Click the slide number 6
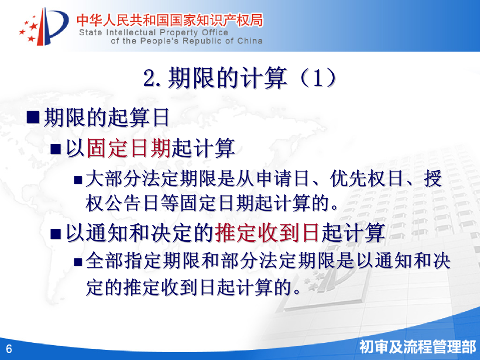pyautogui.click(x=9, y=348)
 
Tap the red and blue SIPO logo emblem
pyautogui.click(x=44, y=27)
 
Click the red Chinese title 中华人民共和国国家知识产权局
pyautogui.click(x=169, y=20)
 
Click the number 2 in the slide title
pyautogui.click(x=150, y=78)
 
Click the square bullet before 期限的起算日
pyautogui.click(x=33, y=118)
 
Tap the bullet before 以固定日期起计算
pyautogui.click(x=56, y=149)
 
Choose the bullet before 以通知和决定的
pyautogui.click(x=56, y=234)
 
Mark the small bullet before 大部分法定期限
pyautogui.click(x=78, y=180)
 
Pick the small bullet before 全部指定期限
pyautogui.click(x=78, y=262)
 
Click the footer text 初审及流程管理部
pyautogui.click(x=417, y=347)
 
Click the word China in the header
pyautogui.click(x=250, y=41)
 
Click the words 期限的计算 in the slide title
pyautogui.click(x=227, y=78)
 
